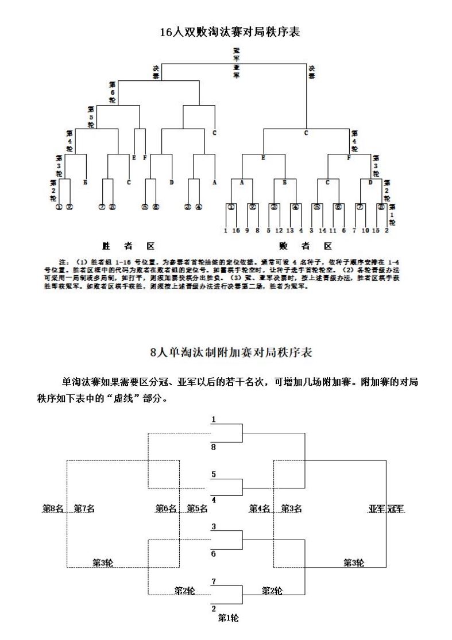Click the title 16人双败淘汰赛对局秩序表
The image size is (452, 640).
(x=230, y=33)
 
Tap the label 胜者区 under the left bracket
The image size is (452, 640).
(x=128, y=246)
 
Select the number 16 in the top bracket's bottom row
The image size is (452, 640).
(x=236, y=230)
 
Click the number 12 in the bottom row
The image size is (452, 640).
(x=279, y=230)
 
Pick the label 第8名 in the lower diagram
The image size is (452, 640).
(x=53, y=509)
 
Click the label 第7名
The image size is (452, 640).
(x=84, y=509)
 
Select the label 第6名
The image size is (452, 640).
(x=166, y=509)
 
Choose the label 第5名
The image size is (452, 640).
(x=197, y=509)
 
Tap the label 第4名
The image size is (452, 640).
(x=259, y=509)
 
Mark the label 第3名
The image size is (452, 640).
(x=291, y=509)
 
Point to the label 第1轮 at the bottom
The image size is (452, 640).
(x=228, y=618)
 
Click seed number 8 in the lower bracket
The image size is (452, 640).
(x=214, y=447)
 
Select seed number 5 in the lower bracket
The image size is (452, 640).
(x=214, y=474)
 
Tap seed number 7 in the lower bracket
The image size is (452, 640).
(x=214, y=581)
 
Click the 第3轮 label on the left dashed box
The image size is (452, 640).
(x=103, y=563)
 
